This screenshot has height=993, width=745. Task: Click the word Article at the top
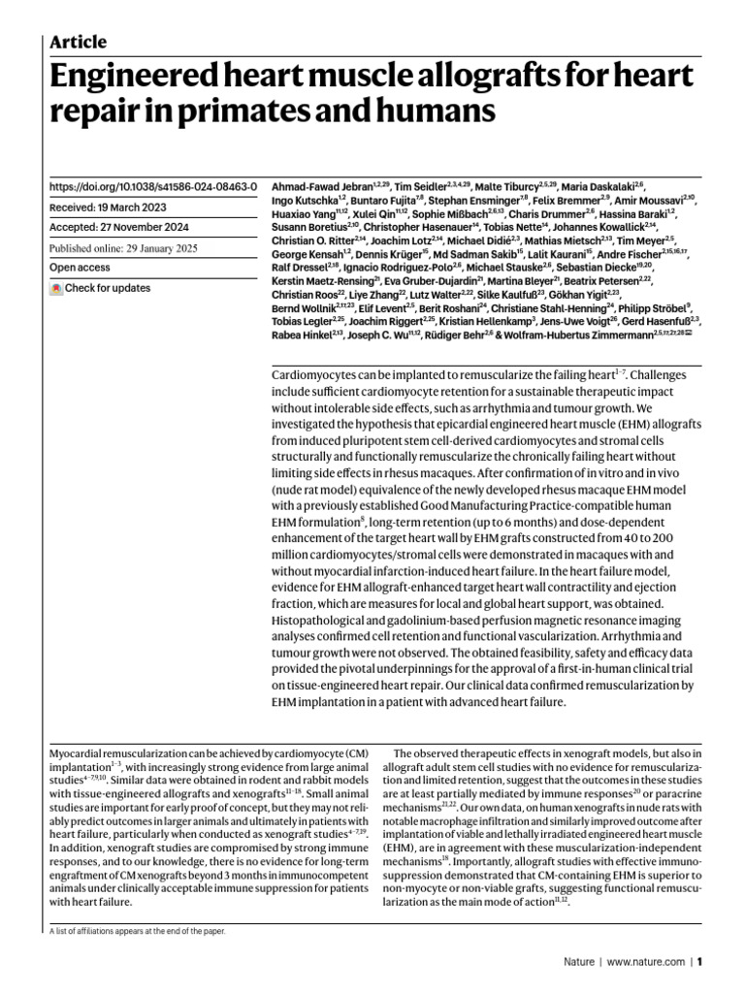click(78, 42)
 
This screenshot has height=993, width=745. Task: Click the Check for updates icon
click(56, 288)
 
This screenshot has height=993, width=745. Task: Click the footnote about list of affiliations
click(137, 931)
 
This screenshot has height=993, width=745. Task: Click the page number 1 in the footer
click(698, 963)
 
